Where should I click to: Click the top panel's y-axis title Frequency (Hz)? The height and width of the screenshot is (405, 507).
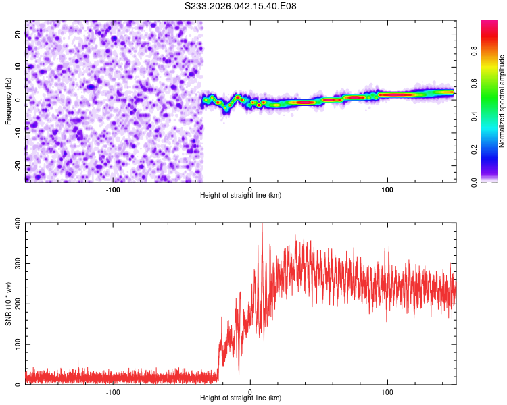click(8, 101)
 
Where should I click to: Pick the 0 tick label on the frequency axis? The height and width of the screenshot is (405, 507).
click(19, 101)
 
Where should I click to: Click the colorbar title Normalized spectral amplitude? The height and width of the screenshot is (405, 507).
click(502, 101)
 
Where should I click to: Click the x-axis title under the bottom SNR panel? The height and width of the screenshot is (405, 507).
click(241, 398)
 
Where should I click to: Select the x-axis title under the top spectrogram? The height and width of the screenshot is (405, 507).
click(241, 195)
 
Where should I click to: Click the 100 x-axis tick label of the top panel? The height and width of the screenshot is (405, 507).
click(387, 190)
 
